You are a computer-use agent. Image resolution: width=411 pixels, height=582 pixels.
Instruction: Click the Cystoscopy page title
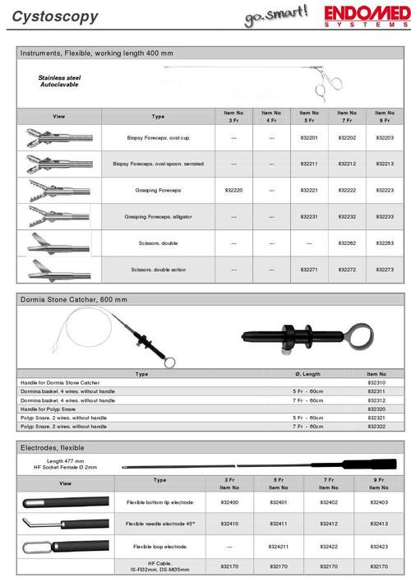tap(50, 16)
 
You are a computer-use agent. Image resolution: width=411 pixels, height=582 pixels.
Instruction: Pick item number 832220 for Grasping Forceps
tap(233, 191)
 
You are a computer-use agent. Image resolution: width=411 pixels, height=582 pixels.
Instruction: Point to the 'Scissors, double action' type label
tap(159, 269)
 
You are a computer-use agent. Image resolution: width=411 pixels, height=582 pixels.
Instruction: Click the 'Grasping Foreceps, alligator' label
tap(159, 217)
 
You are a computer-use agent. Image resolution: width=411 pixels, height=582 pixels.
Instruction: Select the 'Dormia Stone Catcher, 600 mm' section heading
tap(71, 302)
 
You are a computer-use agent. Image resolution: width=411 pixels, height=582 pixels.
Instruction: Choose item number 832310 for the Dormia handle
tap(376, 383)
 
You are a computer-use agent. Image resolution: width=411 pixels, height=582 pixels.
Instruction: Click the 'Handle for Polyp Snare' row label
tap(49, 409)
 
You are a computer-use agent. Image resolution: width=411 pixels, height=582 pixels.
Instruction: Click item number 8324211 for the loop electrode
tap(280, 546)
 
